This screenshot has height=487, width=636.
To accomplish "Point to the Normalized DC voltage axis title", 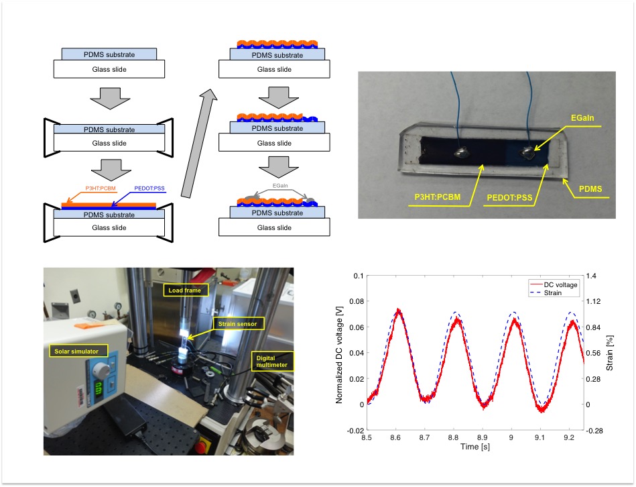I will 340,352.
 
